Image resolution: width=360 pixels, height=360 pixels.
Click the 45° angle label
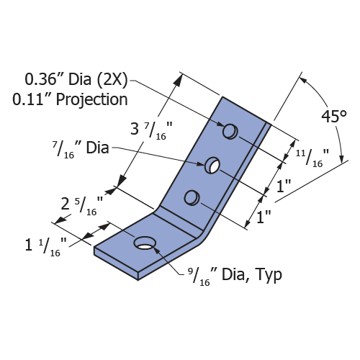[334, 117]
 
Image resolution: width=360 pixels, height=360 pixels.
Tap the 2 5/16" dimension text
[82, 206]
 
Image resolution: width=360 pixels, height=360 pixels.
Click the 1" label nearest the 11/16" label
[284, 186]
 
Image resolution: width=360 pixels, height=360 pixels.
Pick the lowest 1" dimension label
[264, 217]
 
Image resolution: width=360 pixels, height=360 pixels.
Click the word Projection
[91, 100]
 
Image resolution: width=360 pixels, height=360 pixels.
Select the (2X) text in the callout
[112, 79]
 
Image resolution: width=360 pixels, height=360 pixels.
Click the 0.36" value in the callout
[40, 79]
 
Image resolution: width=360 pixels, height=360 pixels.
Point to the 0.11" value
[28, 99]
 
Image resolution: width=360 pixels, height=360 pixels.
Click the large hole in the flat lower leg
[145, 243]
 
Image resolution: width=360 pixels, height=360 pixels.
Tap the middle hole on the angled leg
[212, 165]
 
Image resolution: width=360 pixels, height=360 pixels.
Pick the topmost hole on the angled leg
[230, 131]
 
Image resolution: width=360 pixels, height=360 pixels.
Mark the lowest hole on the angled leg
[192, 198]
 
